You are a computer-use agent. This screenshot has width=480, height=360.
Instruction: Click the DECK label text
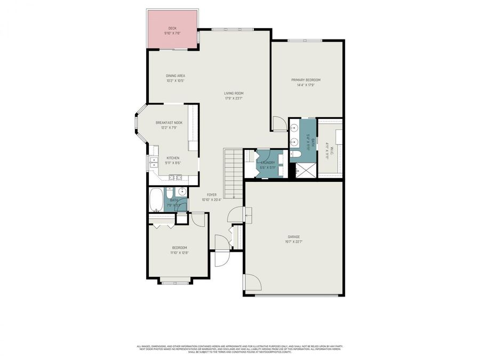[x=172, y=28]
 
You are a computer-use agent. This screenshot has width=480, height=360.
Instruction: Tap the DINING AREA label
[x=175, y=76]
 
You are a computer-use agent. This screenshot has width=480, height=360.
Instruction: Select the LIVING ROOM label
[x=234, y=93]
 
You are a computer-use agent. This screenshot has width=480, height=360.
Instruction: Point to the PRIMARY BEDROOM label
[x=306, y=80]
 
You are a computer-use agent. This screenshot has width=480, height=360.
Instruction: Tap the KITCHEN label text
[x=173, y=158]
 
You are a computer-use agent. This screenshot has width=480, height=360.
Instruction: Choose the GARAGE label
[x=294, y=237]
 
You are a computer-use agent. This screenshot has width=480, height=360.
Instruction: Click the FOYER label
[x=211, y=195]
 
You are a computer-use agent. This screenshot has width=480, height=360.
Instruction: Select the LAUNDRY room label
[x=268, y=163]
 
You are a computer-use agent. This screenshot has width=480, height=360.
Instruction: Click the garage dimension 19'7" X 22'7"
[x=294, y=242]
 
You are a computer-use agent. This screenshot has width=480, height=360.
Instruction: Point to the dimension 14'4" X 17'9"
[x=306, y=85]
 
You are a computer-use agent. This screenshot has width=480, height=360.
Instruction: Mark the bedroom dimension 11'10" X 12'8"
[x=179, y=252]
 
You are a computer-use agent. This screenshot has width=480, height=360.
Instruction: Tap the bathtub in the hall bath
[x=156, y=199]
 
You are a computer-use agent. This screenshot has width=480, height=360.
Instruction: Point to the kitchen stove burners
[x=174, y=178]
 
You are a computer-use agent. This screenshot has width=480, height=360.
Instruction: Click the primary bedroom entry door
[x=278, y=124]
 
